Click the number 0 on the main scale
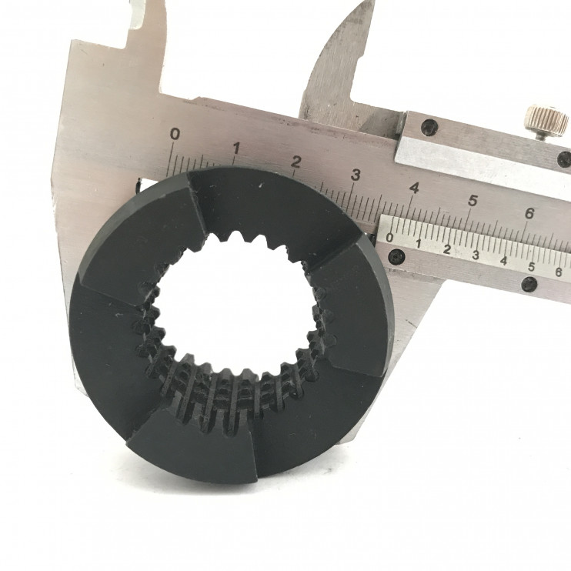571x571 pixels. pyautogui.click(x=175, y=134)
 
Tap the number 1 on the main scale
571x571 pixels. pyautogui.click(x=236, y=149)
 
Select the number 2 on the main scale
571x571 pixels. pyautogui.click(x=296, y=162)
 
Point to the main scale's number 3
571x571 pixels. pyautogui.click(x=356, y=175)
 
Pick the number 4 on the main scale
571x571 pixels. pyautogui.click(x=414, y=189)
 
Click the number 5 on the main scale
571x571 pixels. pyautogui.click(x=472, y=201)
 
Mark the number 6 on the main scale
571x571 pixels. pyautogui.click(x=529, y=213)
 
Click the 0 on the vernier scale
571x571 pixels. pyautogui.click(x=389, y=238)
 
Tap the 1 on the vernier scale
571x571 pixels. pyautogui.click(x=419, y=244)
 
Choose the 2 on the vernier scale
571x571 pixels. pyautogui.click(x=447, y=249)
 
